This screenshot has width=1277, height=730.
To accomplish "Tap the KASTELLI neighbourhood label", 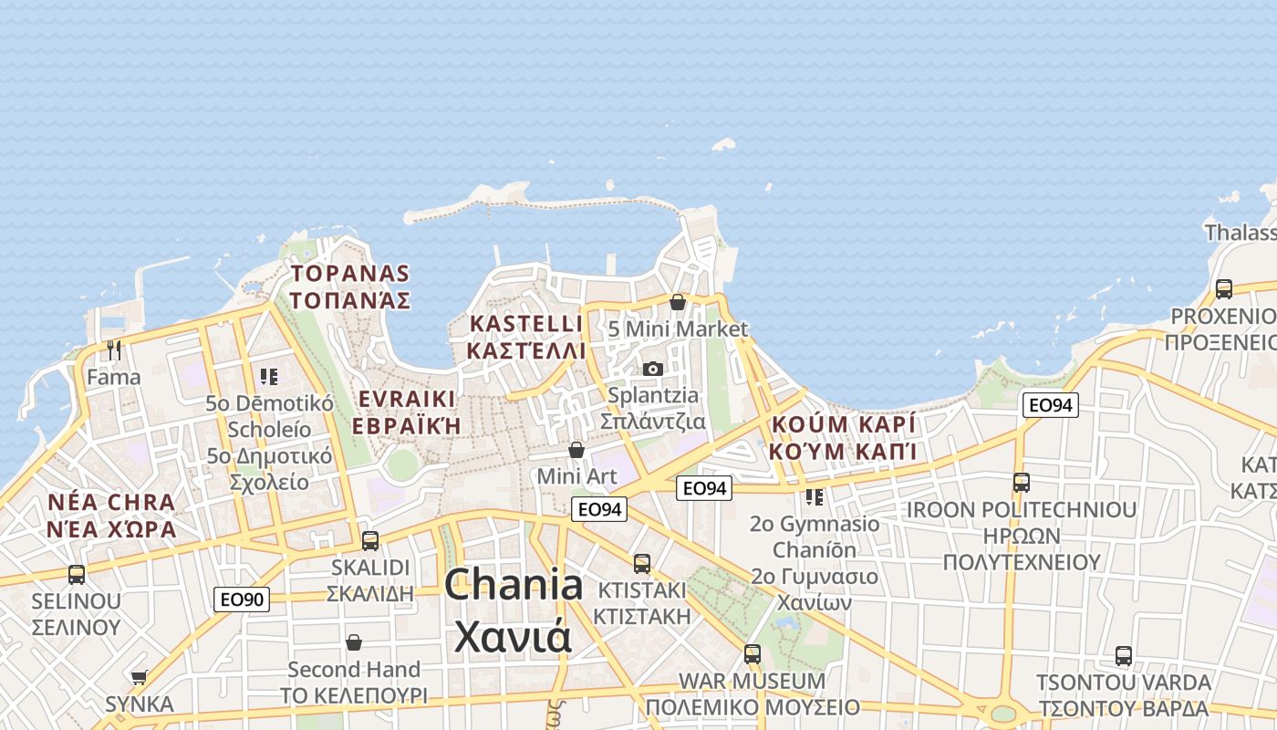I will pos(525,324).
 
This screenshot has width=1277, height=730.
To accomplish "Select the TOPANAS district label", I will pos(350,274).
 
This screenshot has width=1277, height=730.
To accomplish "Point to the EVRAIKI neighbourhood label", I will pos(406,400).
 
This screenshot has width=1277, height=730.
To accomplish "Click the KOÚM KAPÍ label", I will pos(843,425).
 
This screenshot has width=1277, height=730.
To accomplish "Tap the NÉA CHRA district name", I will pos(111,503).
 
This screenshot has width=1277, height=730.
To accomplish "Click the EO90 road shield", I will pos(242,600).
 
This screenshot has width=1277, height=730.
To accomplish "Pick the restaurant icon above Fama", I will pos(114,349).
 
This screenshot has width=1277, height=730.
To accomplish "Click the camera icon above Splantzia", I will pos(653,369).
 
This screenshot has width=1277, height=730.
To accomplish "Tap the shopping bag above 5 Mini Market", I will pos(678,302).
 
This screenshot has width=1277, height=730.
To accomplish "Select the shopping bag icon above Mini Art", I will pos(576,450).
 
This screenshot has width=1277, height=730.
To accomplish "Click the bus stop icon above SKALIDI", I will pos(370,540).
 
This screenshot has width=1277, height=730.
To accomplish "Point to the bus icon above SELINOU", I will pos(77,575).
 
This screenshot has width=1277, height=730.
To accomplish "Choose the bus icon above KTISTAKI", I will pos(642,563).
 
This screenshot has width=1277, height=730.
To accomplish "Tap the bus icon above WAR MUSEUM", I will pos(753,653).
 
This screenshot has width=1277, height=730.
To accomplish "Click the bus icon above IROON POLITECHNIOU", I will pos(1022,483).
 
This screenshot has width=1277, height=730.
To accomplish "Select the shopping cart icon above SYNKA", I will pos(139,677).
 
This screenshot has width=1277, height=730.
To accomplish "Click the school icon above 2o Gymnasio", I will pos(815,497).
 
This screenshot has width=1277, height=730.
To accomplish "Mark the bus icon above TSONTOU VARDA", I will pos(1124,655).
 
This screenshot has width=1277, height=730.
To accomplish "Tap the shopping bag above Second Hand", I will pos(354,642).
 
